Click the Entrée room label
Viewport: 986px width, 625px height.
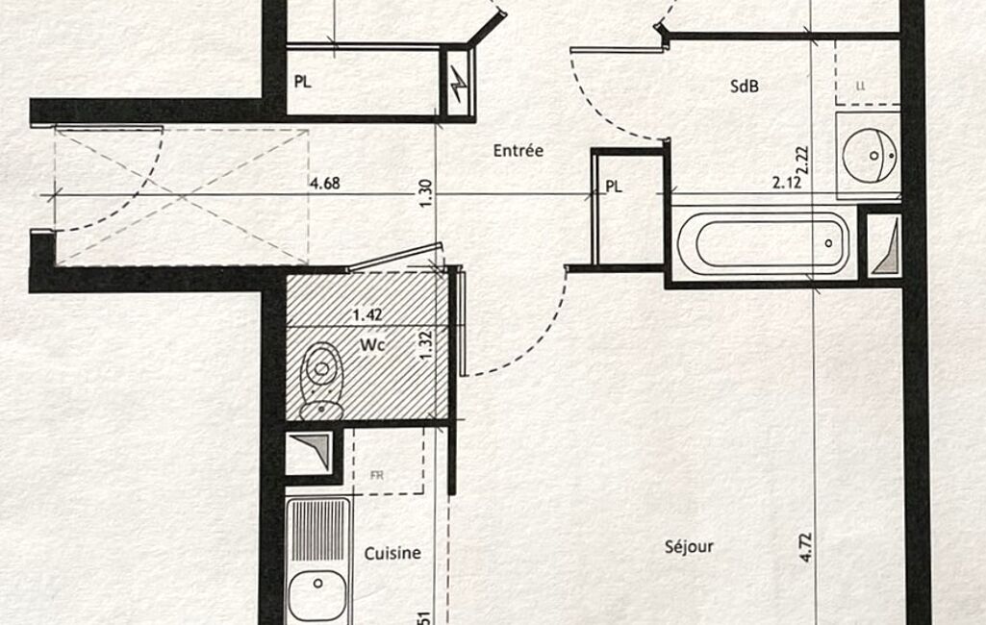pyautogui.click(x=518, y=151)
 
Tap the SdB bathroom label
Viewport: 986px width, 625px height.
pyautogui.click(x=745, y=86)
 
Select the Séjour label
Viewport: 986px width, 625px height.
pyautogui.click(x=689, y=547)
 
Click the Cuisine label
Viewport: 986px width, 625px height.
pyautogui.click(x=392, y=553)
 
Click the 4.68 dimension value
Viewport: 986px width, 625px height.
pyautogui.click(x=324, y=183)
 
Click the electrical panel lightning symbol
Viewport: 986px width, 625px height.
pyautogui.click(x=458, y=87)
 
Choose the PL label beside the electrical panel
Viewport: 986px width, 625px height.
pyautogui.click(x=302, y=82)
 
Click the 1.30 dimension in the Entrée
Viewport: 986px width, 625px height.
pyautogui.click(x=426, y=194)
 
